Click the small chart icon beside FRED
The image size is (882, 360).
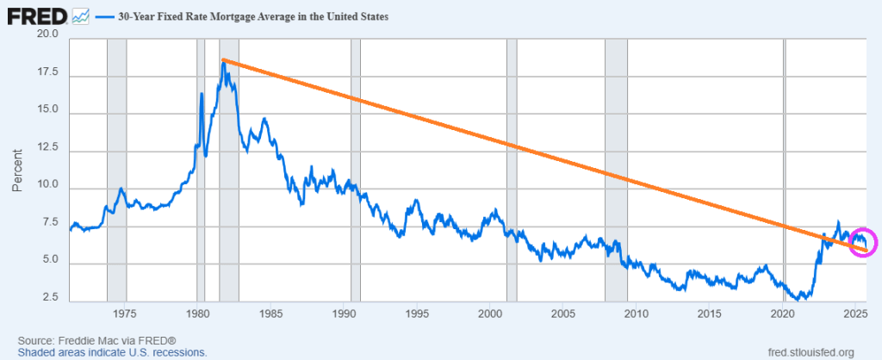[81, 16]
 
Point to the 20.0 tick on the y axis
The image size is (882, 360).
[47, 34]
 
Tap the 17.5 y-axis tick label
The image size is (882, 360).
[47, 75]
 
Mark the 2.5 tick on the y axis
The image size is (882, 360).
[49, 297]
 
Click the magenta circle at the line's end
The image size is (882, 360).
[863, 242]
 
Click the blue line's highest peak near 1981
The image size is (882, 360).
[223, 61]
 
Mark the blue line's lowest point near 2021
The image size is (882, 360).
[802, 298]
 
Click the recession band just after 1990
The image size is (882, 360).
[355, 172]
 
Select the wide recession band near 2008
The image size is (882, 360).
[616, 172]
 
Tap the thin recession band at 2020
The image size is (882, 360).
[784, 172]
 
